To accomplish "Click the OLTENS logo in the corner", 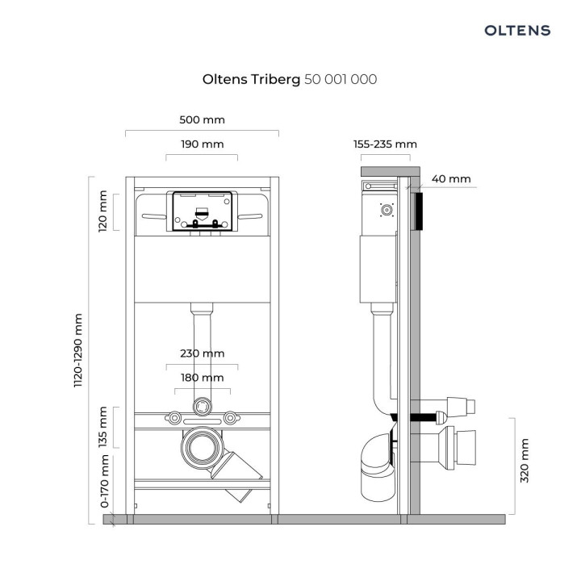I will click(x=517, y=31).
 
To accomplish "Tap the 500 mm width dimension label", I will click(x=202, y=119).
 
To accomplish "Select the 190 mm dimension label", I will click(x=202, y=144).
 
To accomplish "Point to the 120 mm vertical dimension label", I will click(x=102, y=211).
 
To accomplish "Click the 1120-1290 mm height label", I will click(x=78, y=352).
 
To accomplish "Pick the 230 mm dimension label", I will click(x=202, y=353).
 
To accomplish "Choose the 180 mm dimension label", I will click(x=202, y=378).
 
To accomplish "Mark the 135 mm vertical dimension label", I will click(x=102, y=428).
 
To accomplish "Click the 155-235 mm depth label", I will click(x=385, y=144).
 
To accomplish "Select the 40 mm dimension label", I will click(x=451, y=179).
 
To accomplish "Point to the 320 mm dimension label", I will click(x=526, y=461).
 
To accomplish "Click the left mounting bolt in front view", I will click(x=173, y=417).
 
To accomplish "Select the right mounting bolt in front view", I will click(x=231, y=417).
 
